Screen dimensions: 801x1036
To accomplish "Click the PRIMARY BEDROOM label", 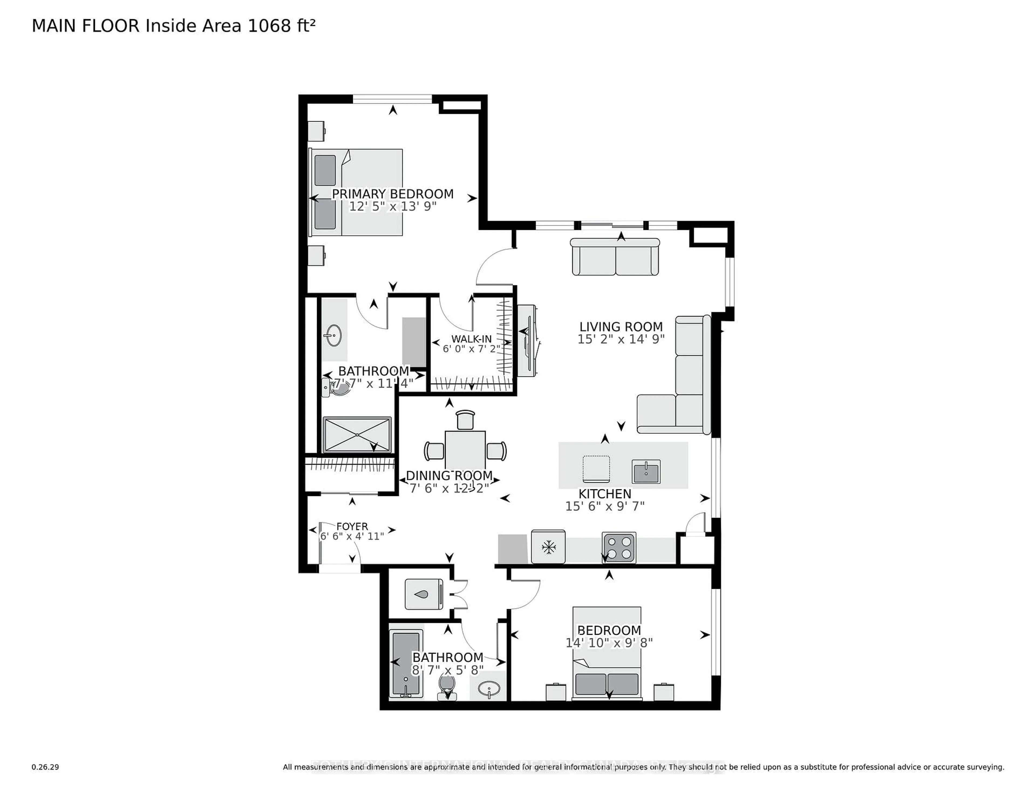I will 392,194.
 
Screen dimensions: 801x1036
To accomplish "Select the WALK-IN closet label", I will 471,339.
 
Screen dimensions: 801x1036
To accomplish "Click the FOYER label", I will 352,526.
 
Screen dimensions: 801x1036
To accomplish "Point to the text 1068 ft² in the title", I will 281,26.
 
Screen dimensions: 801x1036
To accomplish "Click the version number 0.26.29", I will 45,767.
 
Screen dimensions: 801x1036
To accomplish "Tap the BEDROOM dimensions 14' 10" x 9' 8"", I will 609,643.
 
